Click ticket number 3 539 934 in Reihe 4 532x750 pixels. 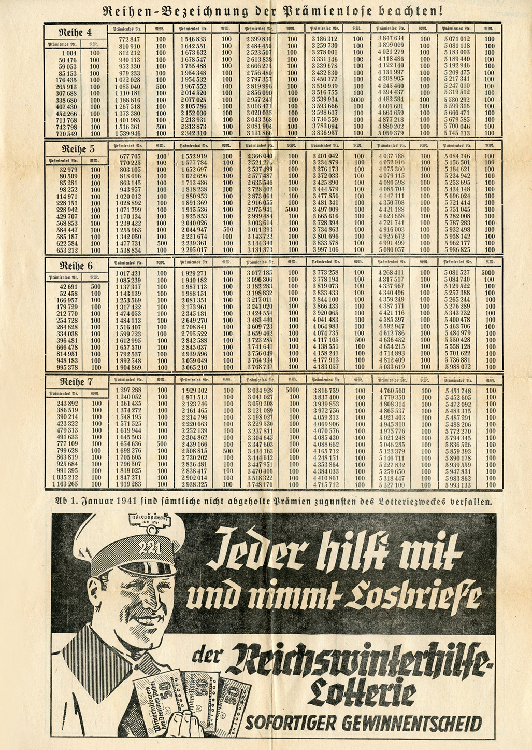(325, 99)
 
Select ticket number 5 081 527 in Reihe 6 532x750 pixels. (457, 273)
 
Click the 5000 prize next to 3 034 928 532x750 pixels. (293, 390)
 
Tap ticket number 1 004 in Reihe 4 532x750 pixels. (69, 53)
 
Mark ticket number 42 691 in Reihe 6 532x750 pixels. (69, 286)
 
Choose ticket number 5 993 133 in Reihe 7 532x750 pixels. (457, 485)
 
